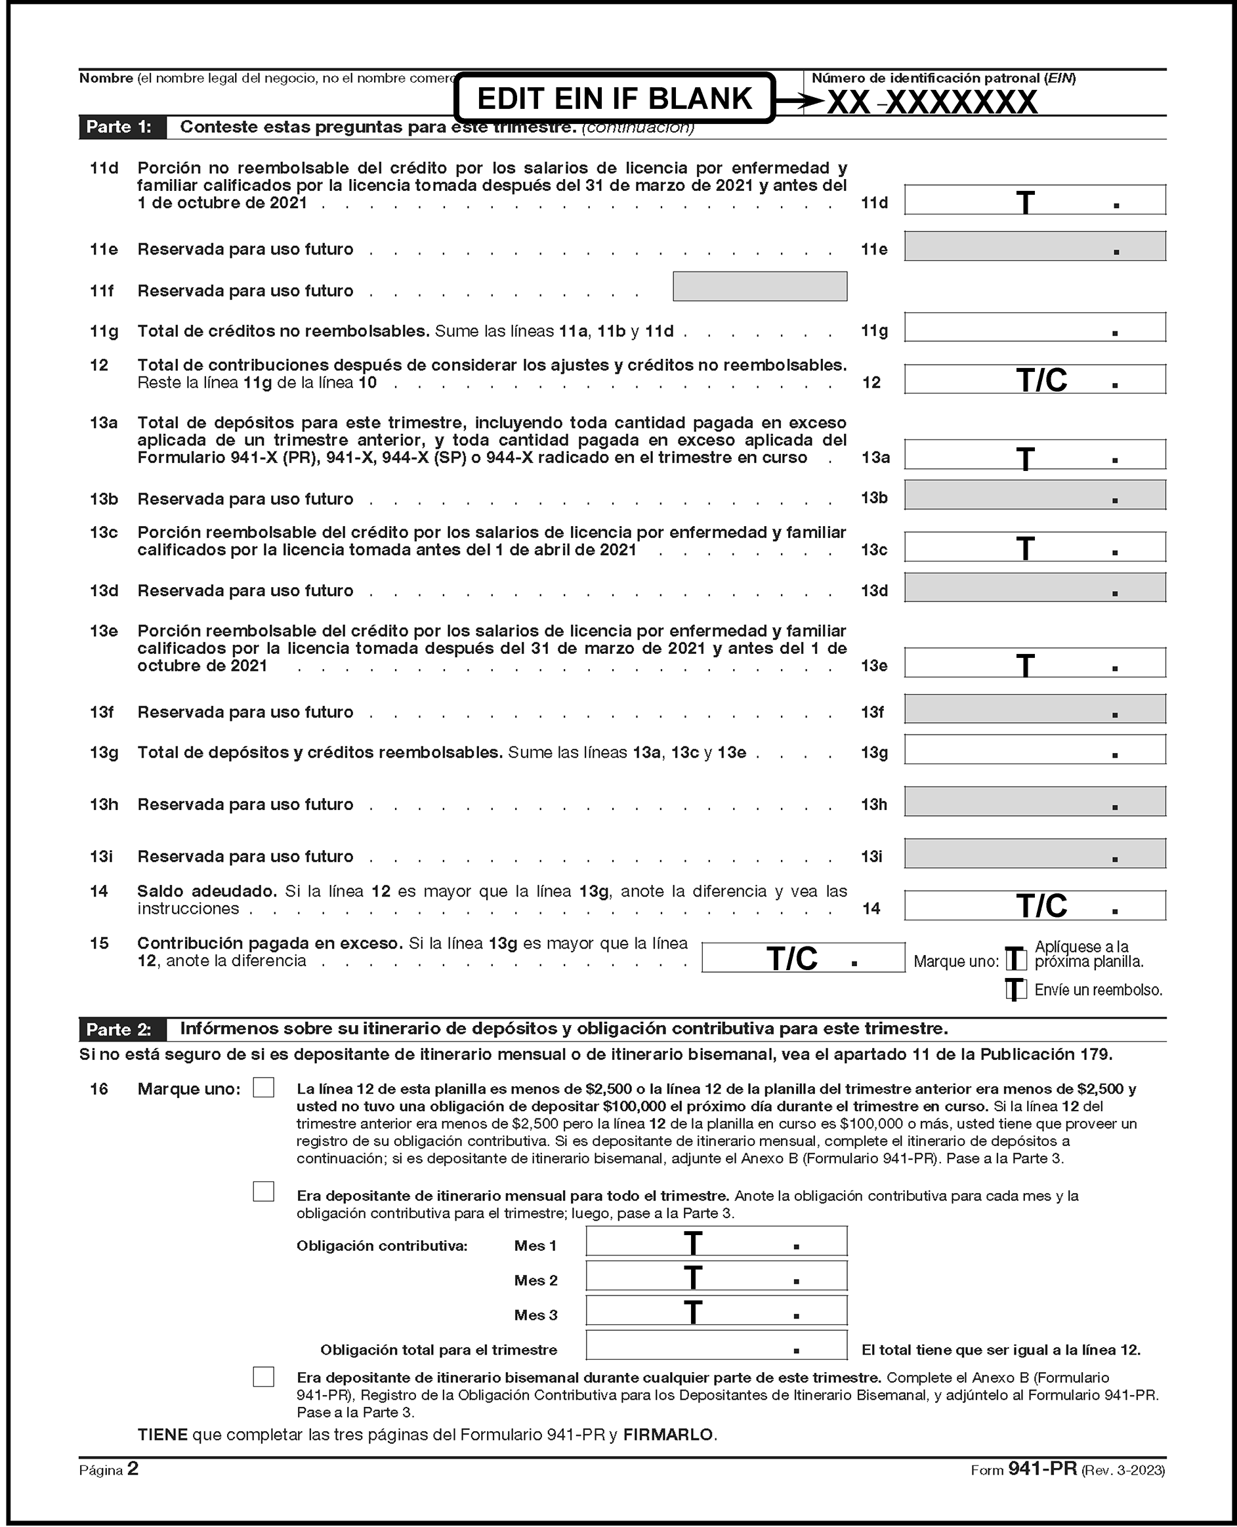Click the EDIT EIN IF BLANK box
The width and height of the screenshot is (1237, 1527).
click(614, 98)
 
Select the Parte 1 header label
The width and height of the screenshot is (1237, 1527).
click(119, 127)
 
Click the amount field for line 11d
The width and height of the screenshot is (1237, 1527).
click(1035, 199)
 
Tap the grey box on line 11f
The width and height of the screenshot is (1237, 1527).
click(759, 286)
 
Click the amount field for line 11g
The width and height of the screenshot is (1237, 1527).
click(1035, 327)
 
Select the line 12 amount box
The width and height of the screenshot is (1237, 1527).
click(1035, 379)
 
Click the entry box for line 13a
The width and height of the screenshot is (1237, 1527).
click(1035, 455)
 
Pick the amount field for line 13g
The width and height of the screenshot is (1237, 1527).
click(1035, 749)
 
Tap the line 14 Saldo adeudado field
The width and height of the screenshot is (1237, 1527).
click(1035, 905)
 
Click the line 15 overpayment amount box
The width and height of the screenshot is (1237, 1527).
click(803, 957)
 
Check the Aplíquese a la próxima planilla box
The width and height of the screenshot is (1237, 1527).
click(1016, 959)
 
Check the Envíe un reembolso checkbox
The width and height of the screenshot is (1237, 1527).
click(1016, 989)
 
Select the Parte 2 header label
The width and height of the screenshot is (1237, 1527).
click(119, 1029)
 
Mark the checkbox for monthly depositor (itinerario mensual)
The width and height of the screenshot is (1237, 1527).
click(264, 1192)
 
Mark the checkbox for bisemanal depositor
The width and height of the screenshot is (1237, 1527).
click(264, 1377)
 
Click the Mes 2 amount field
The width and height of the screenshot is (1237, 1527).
click(716, 1276)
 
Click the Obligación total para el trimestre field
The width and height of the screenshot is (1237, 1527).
click(716, 1345)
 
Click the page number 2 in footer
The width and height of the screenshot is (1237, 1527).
click(133, 1469)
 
